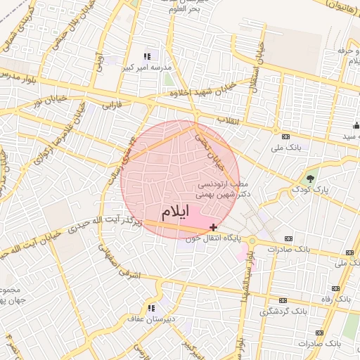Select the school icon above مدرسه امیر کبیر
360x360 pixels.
[x=147, y=56]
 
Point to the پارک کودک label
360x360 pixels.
[x=311, y=189]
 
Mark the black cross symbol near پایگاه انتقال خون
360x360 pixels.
[x=213, y=228]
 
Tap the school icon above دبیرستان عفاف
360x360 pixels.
[x=150, y=307]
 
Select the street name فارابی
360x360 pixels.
[x=112, y=105]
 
